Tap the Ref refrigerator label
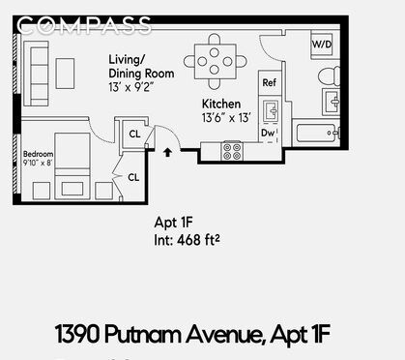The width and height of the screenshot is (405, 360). click(x=270, y=83)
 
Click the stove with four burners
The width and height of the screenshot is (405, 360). click(x=232, y=151)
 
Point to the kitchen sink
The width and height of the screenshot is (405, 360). click(x=270, y=111)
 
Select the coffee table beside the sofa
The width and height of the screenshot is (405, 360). click(x=66, y=73)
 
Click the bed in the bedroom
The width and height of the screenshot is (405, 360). click(x=73, y=170)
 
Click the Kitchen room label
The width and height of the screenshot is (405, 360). click(x=221, y=104)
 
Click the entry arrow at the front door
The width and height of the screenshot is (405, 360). click(x=170, y=152)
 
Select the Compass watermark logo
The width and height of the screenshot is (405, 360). click(x=85, y=24)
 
